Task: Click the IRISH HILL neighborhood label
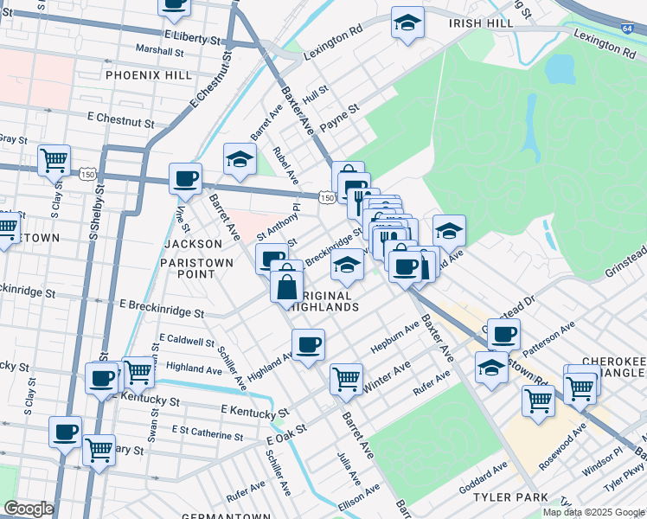482,23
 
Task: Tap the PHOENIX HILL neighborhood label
149,75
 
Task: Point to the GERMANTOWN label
221,516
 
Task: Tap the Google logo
28,509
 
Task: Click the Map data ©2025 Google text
592,512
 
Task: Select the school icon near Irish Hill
407,22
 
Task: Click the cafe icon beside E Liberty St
175,5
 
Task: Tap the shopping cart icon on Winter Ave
346,377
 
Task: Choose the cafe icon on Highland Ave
308,345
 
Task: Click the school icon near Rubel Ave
240,158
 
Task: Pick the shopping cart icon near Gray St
54,159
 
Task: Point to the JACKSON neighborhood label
187,245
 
